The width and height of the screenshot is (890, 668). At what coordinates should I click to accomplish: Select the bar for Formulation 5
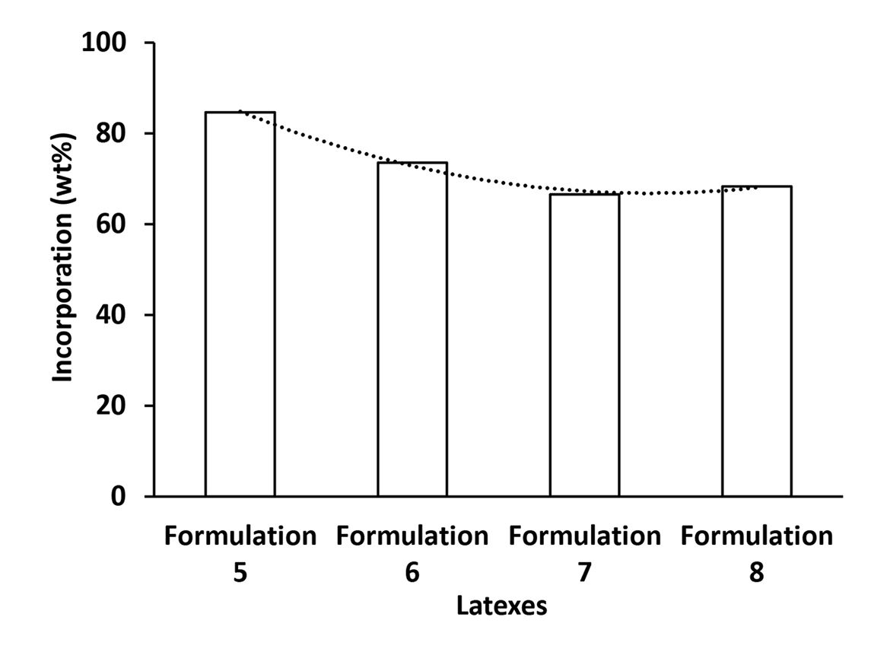pyautogui.click(x=240, y=304)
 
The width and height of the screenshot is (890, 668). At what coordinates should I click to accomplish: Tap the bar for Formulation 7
pyautogui.click(x=584, y=345)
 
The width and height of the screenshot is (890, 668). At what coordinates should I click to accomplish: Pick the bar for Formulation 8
pyautogui.click(x=757, y=342)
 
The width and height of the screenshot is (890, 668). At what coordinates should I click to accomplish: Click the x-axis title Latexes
pyautogui.click(x=501, y=606)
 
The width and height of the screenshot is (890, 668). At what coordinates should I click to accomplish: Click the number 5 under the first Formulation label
pyautogui.click(x=240, y=572)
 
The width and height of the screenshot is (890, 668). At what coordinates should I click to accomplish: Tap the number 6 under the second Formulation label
pyautogui.click(x=412, y=572)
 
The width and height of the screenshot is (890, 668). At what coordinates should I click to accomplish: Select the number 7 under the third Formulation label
pyautogui.click(x=584, y=572)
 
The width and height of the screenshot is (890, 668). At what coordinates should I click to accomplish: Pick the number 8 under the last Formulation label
pyautogui.click(x=757, y=572)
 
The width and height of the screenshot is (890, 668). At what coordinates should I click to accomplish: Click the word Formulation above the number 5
pyautogui.click(x=240, y=536)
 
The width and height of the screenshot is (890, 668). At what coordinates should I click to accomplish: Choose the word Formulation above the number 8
pyautogui.click(x=757, y=536)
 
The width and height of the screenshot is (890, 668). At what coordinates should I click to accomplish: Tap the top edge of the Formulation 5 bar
pyautogui.click(x=240, y=113)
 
